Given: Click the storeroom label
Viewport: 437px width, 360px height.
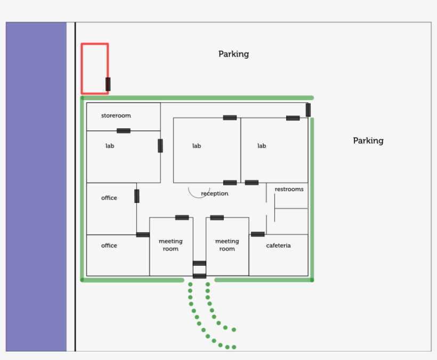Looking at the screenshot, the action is click(116, 116).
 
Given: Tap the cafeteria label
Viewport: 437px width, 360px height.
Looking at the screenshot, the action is click(278, 246).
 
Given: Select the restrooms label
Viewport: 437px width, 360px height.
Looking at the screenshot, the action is click(289, 190).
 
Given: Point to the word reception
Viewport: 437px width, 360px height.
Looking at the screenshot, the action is click(215, 193).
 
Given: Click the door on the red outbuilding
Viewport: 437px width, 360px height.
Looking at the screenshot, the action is click(108, 84).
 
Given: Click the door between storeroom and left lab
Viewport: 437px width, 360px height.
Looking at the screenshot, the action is click(124, 130).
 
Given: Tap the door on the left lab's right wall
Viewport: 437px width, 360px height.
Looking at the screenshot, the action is click(160, 145).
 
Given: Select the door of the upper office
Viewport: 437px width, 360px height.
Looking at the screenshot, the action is click(137, 196).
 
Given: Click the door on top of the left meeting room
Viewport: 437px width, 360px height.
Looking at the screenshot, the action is click(182, 217).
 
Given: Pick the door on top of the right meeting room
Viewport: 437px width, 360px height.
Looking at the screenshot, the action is click(217, 217).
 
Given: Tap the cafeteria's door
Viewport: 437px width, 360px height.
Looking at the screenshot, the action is click(258, 234).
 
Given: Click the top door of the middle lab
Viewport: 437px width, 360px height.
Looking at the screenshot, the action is click(230, 118).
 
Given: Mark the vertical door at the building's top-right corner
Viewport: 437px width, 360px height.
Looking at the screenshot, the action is click(308, 110).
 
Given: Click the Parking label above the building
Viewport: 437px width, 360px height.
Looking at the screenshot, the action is click(233, 54).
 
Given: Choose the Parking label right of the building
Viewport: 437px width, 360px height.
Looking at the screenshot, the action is click(368, 141).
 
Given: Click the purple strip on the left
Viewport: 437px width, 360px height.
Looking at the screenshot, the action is click(36, 186).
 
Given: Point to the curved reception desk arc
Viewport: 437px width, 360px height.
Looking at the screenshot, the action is click(198, 198).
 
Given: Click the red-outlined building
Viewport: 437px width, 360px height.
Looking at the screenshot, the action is click(82, 69).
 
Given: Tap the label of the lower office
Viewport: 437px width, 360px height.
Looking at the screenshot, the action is click(109, 246).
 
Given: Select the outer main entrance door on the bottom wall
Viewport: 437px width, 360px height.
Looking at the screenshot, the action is click(199, 276).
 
